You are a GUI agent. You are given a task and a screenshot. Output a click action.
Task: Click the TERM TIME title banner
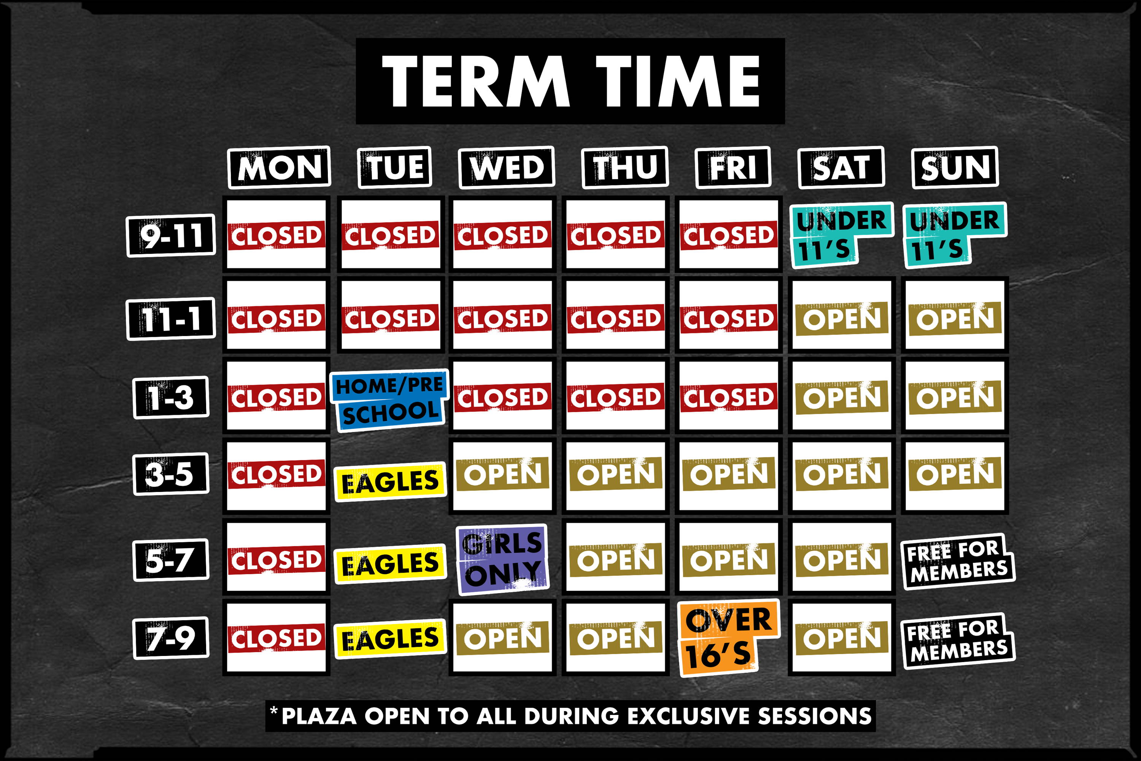pos(570,81)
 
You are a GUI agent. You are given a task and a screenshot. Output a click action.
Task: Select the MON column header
pos(280,167)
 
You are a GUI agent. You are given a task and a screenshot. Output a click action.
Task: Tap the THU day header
pos(625,167)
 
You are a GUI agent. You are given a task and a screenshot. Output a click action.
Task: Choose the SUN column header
pos(955,167)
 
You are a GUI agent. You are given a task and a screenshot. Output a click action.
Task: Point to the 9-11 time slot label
pos(171,236)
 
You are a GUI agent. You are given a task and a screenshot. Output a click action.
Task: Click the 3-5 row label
pos(171,474)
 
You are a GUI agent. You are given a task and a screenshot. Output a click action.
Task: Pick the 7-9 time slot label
pos(171,638)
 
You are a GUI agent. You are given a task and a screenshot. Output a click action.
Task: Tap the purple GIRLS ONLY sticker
pos(502,559)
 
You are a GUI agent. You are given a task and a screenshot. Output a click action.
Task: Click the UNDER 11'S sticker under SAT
pos(841,235)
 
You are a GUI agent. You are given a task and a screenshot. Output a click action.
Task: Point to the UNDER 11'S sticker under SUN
pos(954,235)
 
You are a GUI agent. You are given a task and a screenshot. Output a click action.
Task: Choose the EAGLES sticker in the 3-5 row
pos(390,481)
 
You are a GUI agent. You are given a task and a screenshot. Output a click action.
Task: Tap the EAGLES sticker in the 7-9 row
pos(390,638)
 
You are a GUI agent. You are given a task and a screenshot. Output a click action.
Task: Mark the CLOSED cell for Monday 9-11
pos(276,234)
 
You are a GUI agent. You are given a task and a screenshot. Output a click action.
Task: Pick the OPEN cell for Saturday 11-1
pos(842,315)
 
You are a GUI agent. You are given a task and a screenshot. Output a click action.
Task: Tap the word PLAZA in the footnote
pos(319,716)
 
